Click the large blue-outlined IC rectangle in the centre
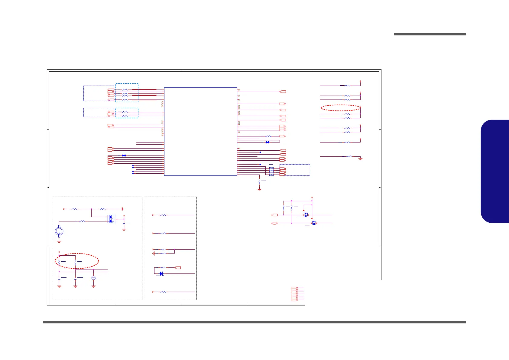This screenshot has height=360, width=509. click(200, 131)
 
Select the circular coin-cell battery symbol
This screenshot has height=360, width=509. click(59, 231)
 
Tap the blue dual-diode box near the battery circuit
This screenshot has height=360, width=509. click(112, 219)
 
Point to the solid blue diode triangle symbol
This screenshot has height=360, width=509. click(161, 273)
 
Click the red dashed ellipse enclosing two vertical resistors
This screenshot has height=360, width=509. click(77, 261)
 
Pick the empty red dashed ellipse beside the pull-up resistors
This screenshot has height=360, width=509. click(340, 108)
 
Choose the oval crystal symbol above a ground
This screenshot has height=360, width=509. click(93, 277)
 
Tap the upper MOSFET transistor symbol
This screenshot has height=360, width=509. click(306, 214)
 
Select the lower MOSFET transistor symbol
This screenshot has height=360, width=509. click(314, 223)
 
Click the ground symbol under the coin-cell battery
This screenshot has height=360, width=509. click(59, 242)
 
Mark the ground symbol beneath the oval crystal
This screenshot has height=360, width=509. click(93, 286)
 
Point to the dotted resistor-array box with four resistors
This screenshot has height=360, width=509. click(271, 172)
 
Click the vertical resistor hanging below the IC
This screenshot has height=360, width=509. click(259, 182)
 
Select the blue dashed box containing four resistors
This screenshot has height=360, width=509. click(127, 93)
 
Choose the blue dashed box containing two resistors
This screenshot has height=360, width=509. click(127, 113)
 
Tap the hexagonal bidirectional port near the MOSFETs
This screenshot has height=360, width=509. click(274, 223)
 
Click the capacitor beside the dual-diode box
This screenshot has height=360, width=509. click(124, 223)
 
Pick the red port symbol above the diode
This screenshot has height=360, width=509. click(178, 268)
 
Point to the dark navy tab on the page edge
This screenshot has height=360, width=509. click(494, 171)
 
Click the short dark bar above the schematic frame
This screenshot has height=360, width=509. click(430, 34)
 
